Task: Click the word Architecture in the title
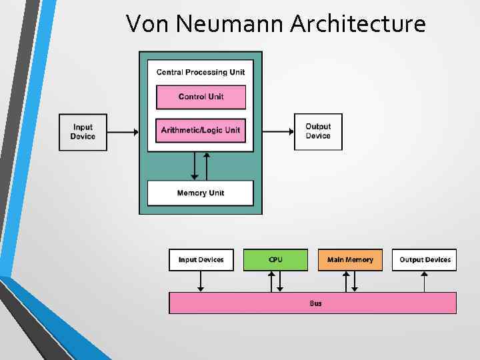(358, 24)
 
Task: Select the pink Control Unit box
(201, 97)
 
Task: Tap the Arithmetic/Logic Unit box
(201, 130)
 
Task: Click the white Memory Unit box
(201, 193)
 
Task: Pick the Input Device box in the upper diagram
(83, 132)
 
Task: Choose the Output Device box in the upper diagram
(318, 131)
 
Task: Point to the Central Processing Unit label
(201, 72)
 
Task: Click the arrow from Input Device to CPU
(123, 132)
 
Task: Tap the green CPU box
(275, 259)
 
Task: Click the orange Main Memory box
(350, 259)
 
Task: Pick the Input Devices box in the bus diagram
(201, 259)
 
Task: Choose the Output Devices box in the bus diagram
(425, 259)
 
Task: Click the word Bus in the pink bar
(315, 303)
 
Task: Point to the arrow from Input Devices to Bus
(201, 281)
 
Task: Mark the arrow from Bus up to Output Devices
(425, 281)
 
